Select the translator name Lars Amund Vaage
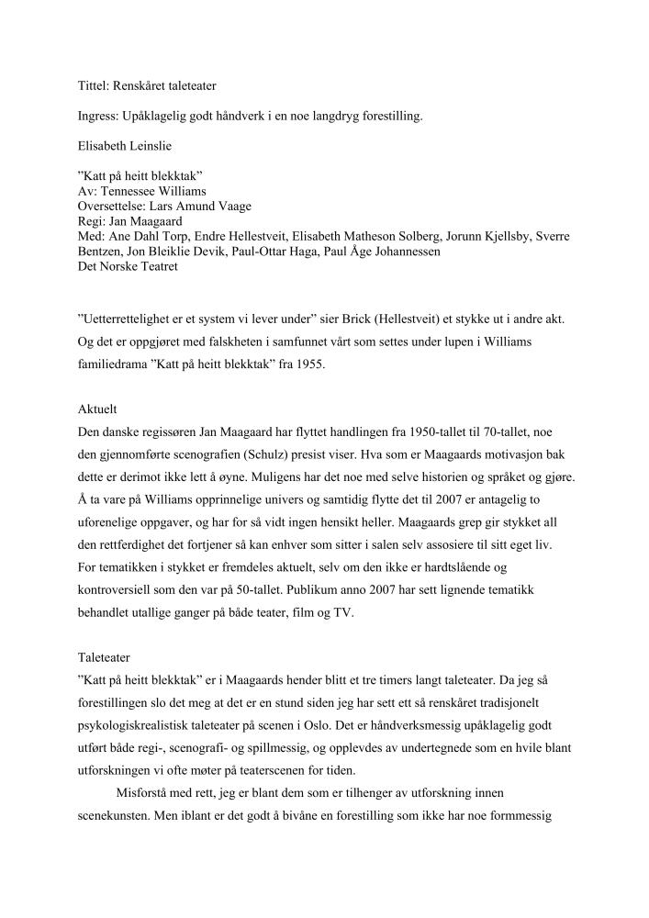click(x=197, y=207)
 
